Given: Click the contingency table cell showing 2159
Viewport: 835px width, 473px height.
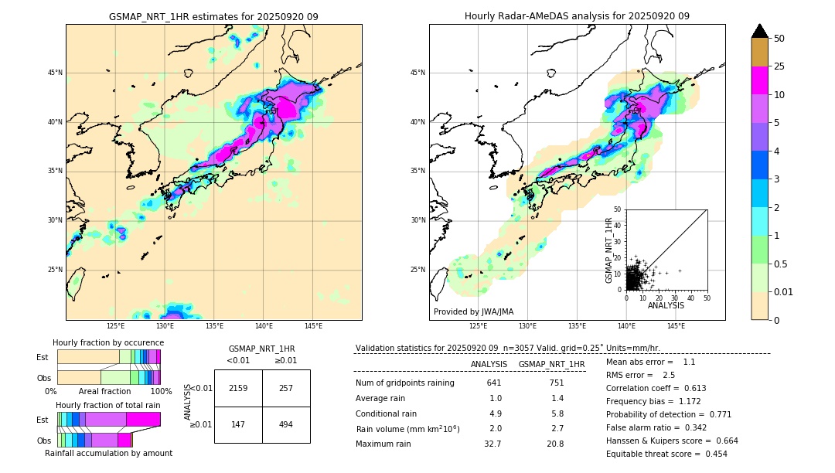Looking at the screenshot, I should click(x=238, y=388).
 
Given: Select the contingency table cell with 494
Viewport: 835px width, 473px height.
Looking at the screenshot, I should click(x=286, y=424).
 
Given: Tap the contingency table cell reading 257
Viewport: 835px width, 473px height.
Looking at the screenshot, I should click(x=286, y=388).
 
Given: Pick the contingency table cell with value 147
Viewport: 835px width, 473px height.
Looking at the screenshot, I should click(x=238, y=424).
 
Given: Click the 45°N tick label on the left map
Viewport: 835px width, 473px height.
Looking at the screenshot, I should click(x=55, y=73).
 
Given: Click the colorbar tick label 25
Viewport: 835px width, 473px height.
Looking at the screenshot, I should click(x=779, y=66).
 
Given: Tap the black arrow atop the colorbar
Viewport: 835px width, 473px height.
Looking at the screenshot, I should click(x=759, y=31).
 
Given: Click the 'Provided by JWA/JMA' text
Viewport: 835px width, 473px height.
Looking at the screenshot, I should click(x=473, y=311).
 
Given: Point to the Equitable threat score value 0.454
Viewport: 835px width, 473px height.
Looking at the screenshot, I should click(x=712, y=454).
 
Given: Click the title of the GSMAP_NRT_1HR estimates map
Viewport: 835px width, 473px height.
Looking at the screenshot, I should click(x=213, y=16).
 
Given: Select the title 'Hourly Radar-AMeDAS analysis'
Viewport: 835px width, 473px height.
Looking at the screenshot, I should click(x=577, y=16).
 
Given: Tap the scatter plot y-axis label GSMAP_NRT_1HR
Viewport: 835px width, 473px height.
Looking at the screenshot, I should click(x=608, y=250).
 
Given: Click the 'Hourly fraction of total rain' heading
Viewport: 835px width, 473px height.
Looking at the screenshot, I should click(x=107, y=405).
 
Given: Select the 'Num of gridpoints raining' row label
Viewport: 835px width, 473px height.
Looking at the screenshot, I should click(x=404, y=383).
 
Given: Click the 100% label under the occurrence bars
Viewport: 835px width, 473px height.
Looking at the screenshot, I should click(x=161, y=391).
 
